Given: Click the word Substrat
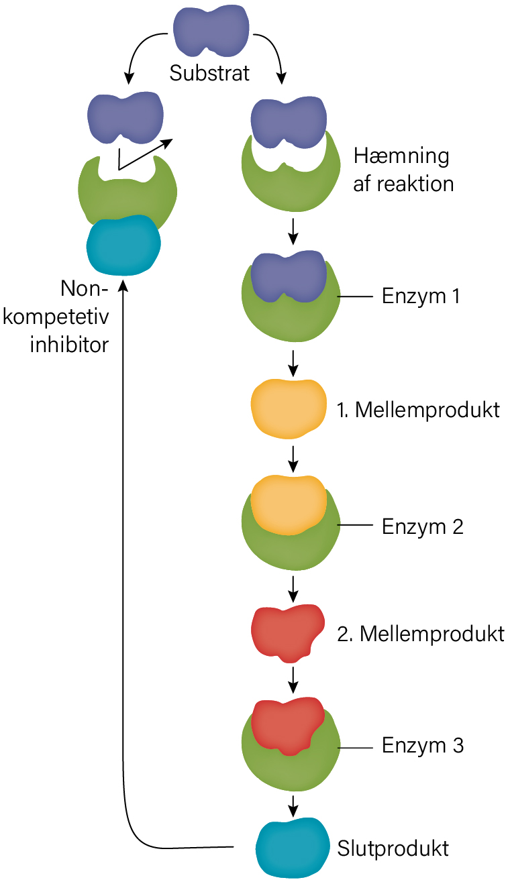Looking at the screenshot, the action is pos(209,73).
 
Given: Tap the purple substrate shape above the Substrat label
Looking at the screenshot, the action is pos(211,30).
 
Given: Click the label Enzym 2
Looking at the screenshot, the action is pos(423,527).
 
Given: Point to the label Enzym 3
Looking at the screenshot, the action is pos(423,746).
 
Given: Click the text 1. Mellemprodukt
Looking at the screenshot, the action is pos(418,410).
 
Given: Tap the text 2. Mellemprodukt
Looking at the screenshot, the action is pos(421,634).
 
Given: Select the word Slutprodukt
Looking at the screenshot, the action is pos(393,848).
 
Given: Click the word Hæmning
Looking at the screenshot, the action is pos(401,156).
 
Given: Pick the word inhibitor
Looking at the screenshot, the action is pos(69,345).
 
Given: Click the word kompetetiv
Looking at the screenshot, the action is pos(56,317).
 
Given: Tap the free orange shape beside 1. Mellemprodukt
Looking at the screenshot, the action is pos(289,409).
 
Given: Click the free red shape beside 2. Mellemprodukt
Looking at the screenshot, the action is pos(287,633).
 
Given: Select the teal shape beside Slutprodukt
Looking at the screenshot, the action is pos(293,847).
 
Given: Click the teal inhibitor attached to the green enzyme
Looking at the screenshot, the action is pos(123,245).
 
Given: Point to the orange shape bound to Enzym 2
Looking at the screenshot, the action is pos(289,505).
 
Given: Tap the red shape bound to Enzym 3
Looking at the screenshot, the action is pos(288,726).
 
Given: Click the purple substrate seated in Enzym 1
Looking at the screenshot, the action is pos(289,276).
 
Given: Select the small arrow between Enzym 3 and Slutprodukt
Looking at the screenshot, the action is pos(293,805).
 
